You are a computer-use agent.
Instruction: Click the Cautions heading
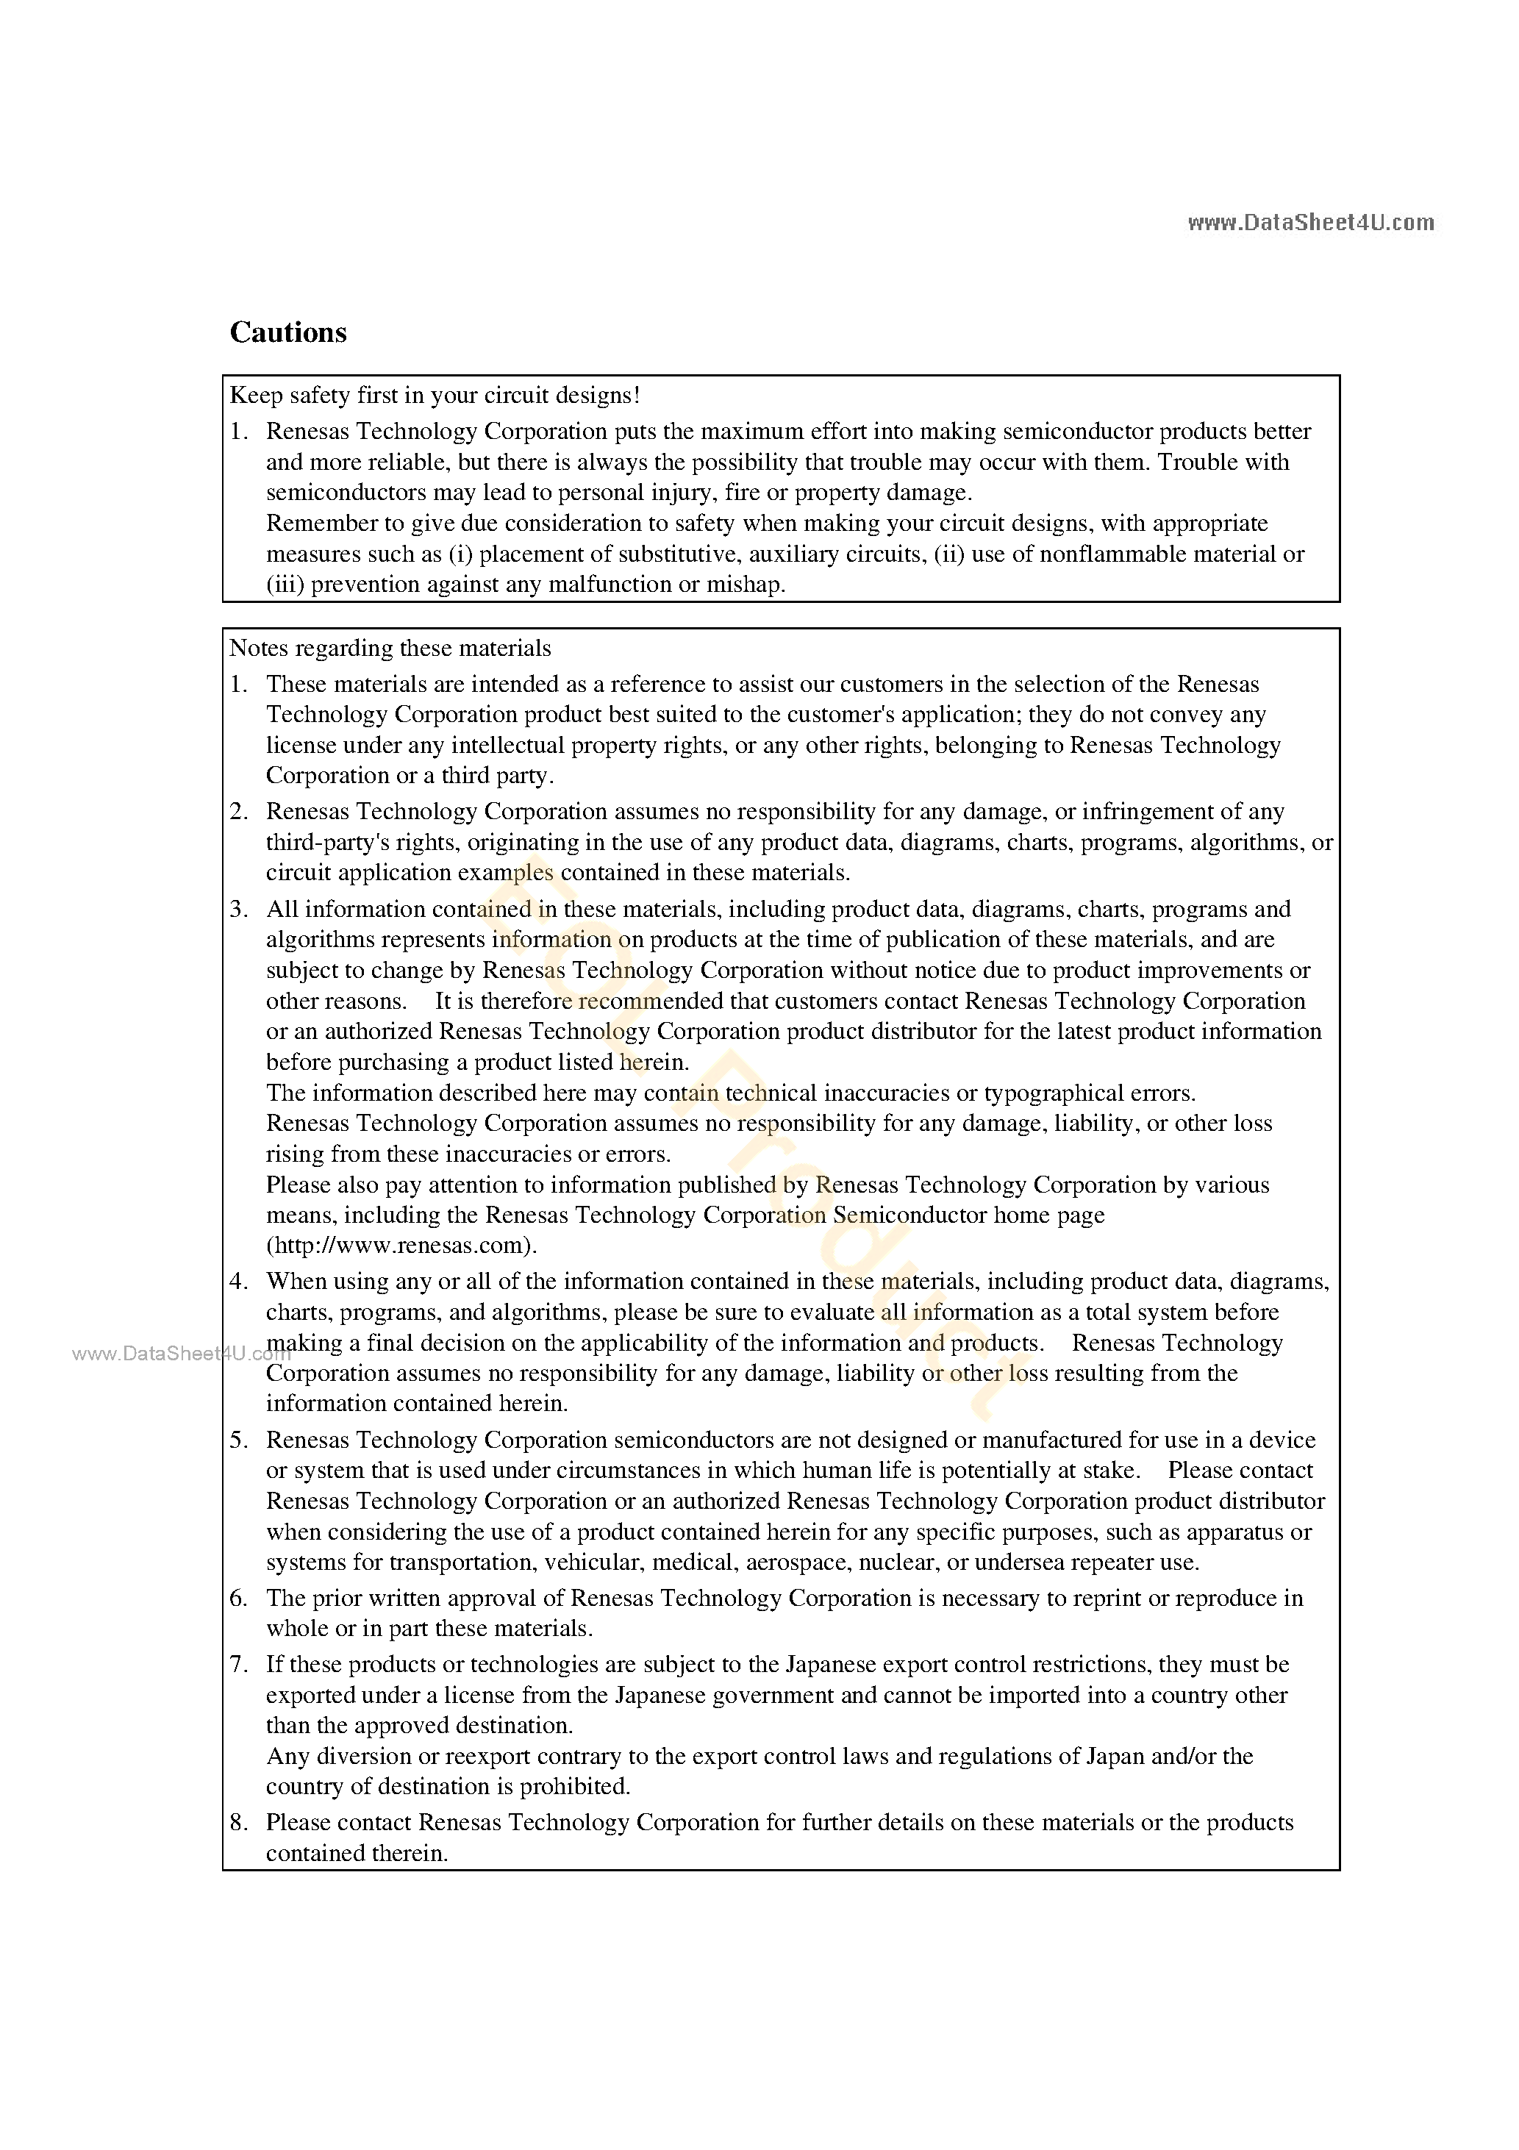[x=287, y=333]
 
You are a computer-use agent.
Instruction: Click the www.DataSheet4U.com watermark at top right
[x=1310, y=223]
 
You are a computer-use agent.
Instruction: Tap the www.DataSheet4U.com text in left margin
[x=181, y=1353]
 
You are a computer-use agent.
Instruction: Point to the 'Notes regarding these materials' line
[x=390, y=648]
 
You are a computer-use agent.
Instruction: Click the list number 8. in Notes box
[x=239, y=1822]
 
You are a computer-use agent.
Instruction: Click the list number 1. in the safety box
[x=239, y=432]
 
